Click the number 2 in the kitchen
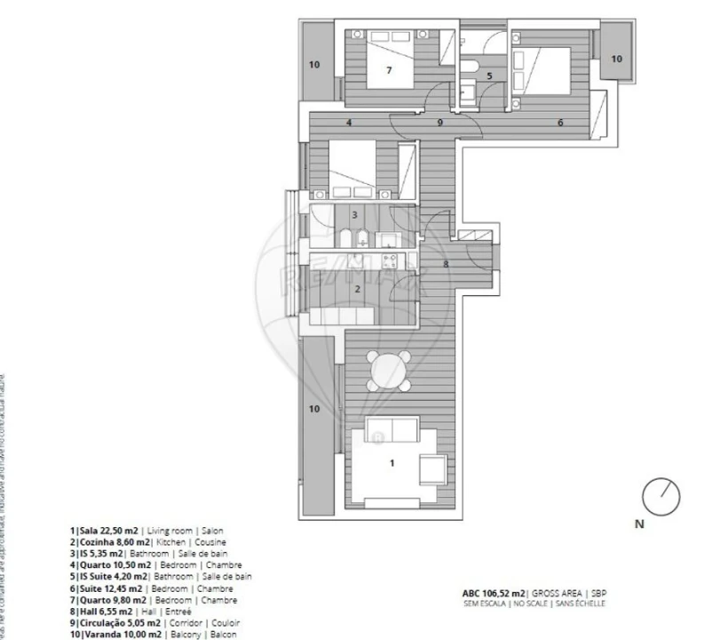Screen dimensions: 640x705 357,288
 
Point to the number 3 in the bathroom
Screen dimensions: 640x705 354,215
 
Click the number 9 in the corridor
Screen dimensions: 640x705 440,122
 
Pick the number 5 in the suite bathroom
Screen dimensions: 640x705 489,76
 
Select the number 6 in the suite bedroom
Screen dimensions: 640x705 560,122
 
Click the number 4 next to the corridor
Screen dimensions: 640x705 350,122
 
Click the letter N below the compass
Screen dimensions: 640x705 638,524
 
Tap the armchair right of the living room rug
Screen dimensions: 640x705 435,468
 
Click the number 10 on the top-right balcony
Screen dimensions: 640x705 615,59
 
